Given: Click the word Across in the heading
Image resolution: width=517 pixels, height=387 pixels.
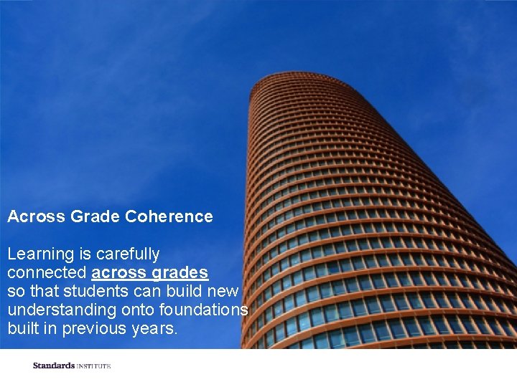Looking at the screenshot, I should point(36,216).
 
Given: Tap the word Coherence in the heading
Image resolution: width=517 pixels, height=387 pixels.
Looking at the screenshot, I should point(169,216).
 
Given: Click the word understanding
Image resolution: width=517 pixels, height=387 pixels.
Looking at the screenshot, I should point(60,310).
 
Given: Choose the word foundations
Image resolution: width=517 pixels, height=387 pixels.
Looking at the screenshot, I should point(207,310).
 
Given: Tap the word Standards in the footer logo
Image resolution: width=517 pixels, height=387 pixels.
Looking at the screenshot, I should point(54,365).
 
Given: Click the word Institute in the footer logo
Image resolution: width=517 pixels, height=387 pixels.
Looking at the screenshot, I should point(93,366).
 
